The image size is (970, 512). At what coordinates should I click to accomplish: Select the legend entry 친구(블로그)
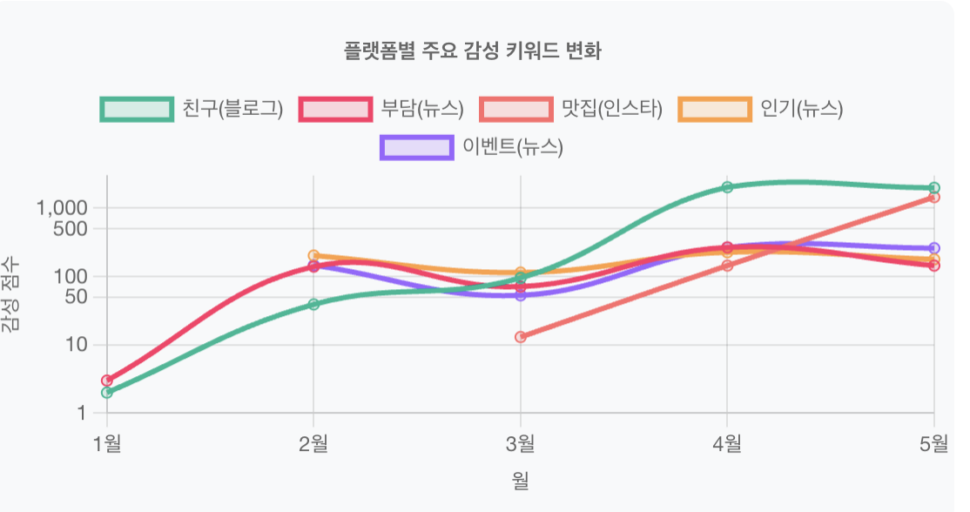point(192,109)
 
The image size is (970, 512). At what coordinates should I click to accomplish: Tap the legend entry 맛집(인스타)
point(571,109)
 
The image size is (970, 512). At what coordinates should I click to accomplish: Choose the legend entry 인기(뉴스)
point(760,109)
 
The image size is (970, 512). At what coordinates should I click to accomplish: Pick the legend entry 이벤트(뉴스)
point(472,147)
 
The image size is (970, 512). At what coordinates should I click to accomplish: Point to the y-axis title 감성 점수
point(10,294)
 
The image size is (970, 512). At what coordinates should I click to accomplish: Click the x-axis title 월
point(521,480)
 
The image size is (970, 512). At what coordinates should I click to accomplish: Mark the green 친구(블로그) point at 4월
point(727,187)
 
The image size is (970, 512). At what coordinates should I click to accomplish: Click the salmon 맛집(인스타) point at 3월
point(521,337)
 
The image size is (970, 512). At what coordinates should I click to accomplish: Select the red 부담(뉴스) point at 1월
point(107,381)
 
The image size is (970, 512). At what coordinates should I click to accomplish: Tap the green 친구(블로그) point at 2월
point(313,304)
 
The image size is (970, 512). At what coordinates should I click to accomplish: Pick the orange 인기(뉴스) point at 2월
point(313,255)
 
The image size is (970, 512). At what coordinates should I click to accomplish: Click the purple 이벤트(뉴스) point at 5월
point(934,248)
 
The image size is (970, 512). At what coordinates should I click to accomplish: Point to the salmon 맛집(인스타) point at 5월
point(934,198)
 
